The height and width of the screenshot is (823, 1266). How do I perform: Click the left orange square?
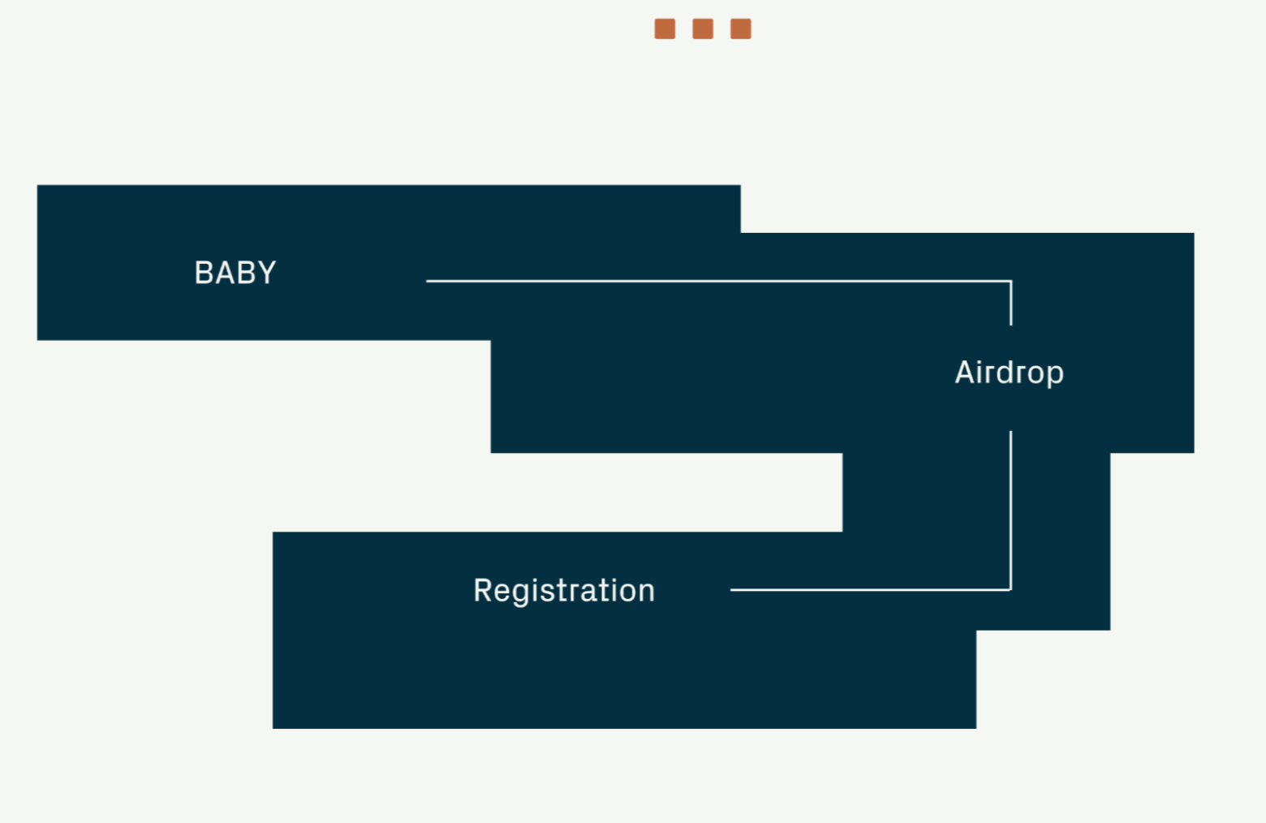pyautogui.click(x=665, y=29)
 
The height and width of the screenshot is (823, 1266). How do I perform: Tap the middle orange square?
pyautogui.click(x=703, y=29)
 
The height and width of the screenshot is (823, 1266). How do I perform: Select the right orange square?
pyautogui.click(x=740, y=29)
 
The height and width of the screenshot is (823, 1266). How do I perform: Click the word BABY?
pyautogui.click(x=235, y=273)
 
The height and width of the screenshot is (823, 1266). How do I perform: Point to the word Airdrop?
pyautogui.click(x=1009, y=373)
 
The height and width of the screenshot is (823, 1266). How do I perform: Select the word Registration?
pyautogui.click(x=564, y=591)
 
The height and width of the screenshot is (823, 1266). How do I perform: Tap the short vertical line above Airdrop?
pyautogui.click(x=1010, y=304)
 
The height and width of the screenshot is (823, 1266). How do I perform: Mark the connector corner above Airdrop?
pyautogui.click(x=1010, y=282)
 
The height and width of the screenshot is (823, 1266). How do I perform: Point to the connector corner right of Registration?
pyautogui.click(x=1010, y=589)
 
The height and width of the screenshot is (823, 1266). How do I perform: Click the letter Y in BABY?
pyautogui.click(x=267, y=273)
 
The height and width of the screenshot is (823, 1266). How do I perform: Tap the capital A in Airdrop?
pyautogui.click(x=964, y=373)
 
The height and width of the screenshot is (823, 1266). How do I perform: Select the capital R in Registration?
pyautogui.click(x=483, y=591)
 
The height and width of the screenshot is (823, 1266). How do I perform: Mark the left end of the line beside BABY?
pyautogui.click(x=428, y=281)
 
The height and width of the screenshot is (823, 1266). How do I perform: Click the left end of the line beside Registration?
pyautogui.click(x=732, y=590)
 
